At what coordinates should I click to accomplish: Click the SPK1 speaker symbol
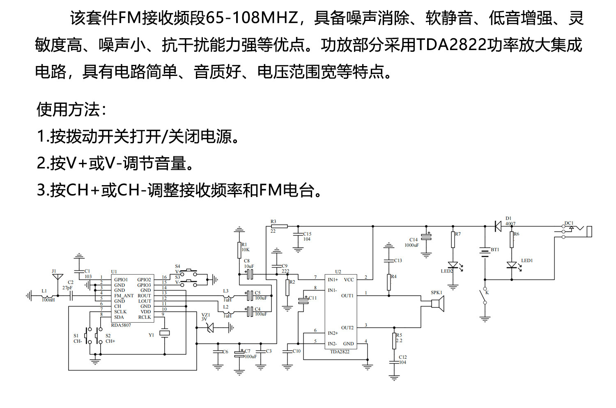[437, 303]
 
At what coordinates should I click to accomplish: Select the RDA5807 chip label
[121, 325]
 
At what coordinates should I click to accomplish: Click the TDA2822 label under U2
[340, 352]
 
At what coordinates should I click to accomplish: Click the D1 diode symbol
[498, 226]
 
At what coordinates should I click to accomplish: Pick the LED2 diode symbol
[453, 265]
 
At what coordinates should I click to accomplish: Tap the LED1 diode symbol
[512, 265]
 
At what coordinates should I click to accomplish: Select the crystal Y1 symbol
[165, 334]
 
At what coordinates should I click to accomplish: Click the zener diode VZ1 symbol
[210, 328]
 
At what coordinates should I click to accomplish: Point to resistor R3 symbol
[279, 226]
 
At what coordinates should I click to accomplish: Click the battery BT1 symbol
[485, 251]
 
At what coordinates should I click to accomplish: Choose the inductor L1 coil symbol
[48, 296]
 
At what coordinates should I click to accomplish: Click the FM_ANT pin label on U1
[124, 296]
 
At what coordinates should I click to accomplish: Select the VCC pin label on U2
[349, 280]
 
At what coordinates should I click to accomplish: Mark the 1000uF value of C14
[411, 245]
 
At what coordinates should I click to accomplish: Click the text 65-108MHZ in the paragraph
[251, 18]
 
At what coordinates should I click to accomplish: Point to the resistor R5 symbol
[394, 341]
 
